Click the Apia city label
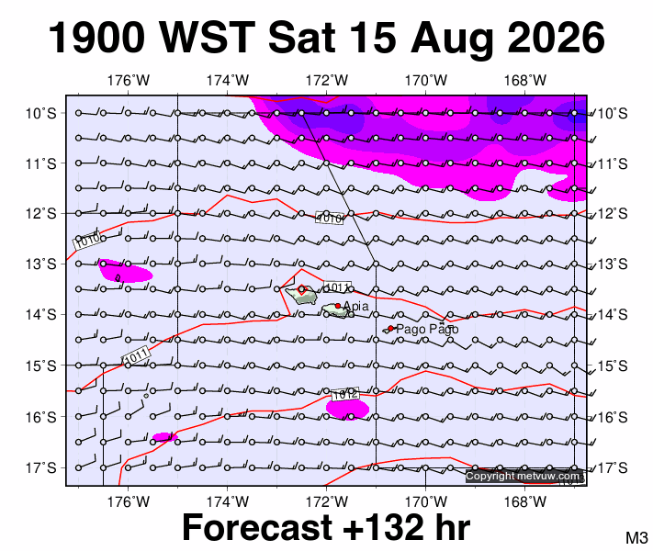tap(356, 306)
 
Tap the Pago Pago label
tap(427, 329)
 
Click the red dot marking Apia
tap(338, 306)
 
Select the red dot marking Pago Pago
tap(390, 328)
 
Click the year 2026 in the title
tap(556, 38)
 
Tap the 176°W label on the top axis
tap(129, 80)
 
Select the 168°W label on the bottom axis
tap(524, 501)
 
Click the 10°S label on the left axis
tap(40, 113)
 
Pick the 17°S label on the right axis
tap(613, 468)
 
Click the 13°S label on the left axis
tap(40, 264)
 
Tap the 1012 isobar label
tap(344, 394)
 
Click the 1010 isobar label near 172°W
tap(330, 218)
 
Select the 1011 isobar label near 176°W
tap(137, 356)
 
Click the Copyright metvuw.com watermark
tap(523, 476)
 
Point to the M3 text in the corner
tap(636, 537)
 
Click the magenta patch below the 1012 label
tap(348, 409)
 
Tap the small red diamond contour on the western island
tap(302, 289)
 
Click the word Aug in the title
tap(451, 39)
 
